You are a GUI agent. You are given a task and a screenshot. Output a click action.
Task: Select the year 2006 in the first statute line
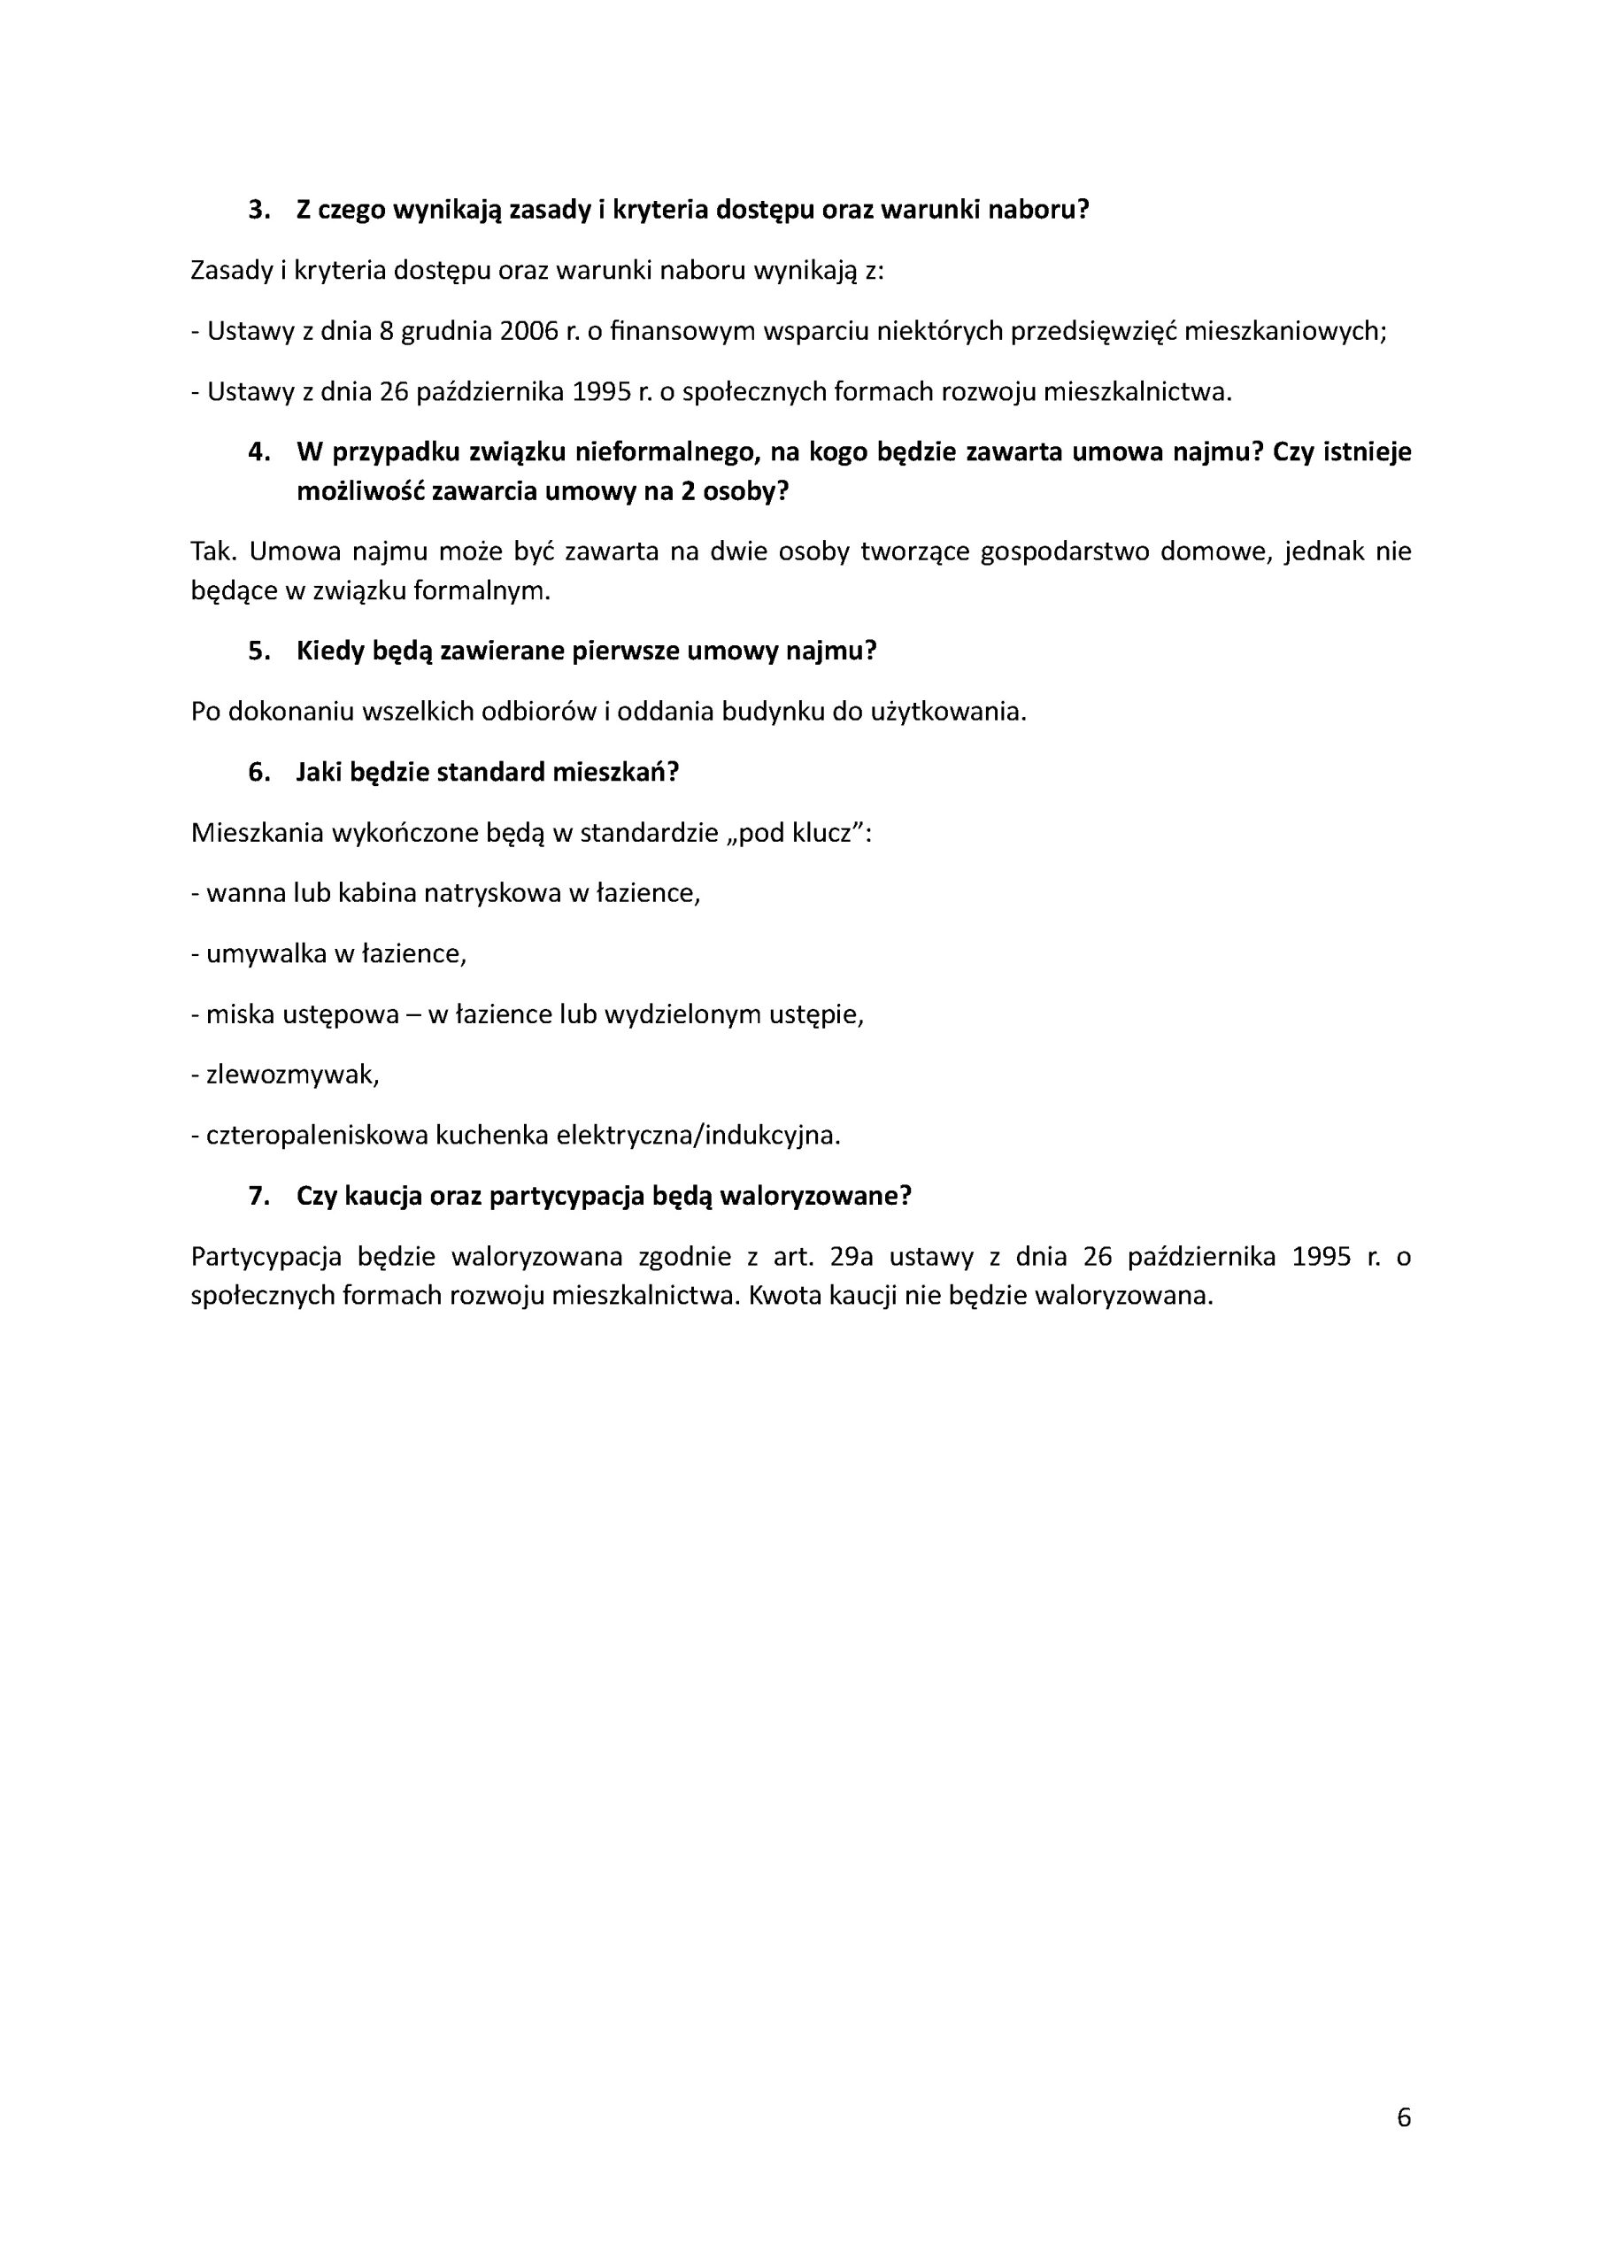[x=529, y=332]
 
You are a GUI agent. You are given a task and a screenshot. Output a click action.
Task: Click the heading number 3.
[x=258, y=210]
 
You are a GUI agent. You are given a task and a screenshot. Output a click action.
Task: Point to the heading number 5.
[x=258, y=651]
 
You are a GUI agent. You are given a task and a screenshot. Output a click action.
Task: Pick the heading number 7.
[x=258, y=1196]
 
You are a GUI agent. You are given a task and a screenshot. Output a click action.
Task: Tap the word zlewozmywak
[x=290, y=1075]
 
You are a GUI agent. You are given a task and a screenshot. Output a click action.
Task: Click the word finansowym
[x=681, y=332]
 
